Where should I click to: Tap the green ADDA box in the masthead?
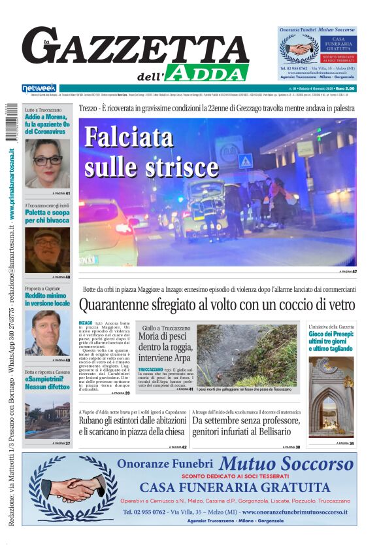pyautogui.click(x=206, y=73)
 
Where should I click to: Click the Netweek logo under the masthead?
pyautogui.click(x=40, y=88)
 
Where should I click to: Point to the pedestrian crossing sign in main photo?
pyautogui.click(x=245, y=162)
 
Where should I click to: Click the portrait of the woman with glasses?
pyautogui.click(x=47, y=163)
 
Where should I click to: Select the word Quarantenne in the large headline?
pyautogui.click(x=124, y=305)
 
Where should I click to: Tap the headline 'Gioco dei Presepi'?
pyautogui.click(x=331, y=340)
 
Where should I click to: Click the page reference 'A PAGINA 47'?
pyautogui.click(x=347, y=271)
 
